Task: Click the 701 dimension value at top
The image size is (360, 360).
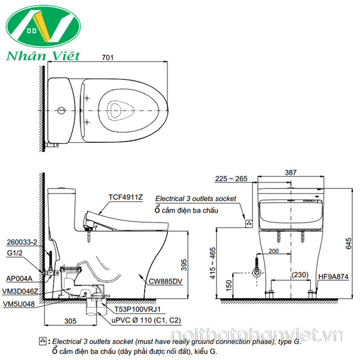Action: (x=106, y=58)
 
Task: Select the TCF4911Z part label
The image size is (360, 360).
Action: (x=125, y=197)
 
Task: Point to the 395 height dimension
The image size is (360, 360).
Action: (x=184, y=265)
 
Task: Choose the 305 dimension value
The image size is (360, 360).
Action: (x=71, y=322)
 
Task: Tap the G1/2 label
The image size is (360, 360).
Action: (x=14, y=253)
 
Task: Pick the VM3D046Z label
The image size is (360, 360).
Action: (x=22, y=290)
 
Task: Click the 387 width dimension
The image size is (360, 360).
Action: (x=290, y=172)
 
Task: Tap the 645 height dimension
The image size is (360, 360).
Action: (x=347, y=242)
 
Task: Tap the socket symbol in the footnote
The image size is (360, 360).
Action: (x=42, y=341)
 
